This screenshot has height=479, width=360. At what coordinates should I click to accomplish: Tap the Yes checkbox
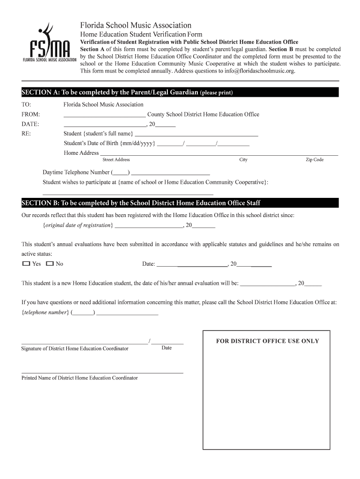click(x=26, y=264)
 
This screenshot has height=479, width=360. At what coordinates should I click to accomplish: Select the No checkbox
click(x=50, y=264)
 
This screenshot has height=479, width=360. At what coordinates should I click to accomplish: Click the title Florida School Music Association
click(x=136, y=25)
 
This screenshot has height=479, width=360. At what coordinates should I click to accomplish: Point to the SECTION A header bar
click(x=180, y=92)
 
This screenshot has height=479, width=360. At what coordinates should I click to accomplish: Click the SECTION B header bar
click(x=180, y=203)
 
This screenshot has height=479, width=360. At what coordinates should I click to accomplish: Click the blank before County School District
click(x=104, y=115)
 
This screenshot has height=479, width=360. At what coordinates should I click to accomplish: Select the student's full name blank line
click(x=196, y=134)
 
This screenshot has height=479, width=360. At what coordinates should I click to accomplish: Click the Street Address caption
click(x=116, y=160)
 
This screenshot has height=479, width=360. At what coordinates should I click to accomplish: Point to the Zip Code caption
click(x=315, y=160)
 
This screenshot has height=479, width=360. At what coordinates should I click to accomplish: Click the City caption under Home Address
click(x=243, y=160)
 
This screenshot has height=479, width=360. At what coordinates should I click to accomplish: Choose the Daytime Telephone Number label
click(x=76, y=172)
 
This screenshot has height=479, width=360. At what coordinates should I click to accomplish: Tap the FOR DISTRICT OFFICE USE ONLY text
click(x=267, y=341)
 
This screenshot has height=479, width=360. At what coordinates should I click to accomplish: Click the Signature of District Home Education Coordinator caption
click(x=75, y=348)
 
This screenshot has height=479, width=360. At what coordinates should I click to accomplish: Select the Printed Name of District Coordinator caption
click(x=79, y=378)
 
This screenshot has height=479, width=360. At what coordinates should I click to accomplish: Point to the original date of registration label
click(x=78, y=225)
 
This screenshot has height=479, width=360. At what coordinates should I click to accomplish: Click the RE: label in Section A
click(x=26, y=134)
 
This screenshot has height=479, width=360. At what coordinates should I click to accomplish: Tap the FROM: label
click(x=30, y=115)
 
